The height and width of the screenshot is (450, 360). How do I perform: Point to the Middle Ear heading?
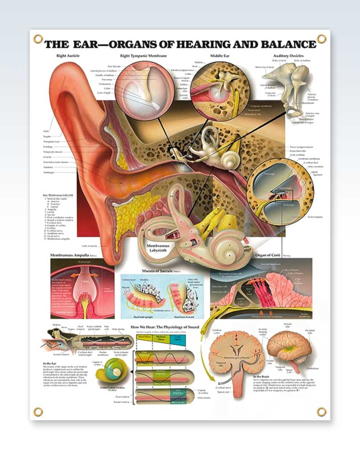[220, 56]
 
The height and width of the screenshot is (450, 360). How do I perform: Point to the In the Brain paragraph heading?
[262, 376]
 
